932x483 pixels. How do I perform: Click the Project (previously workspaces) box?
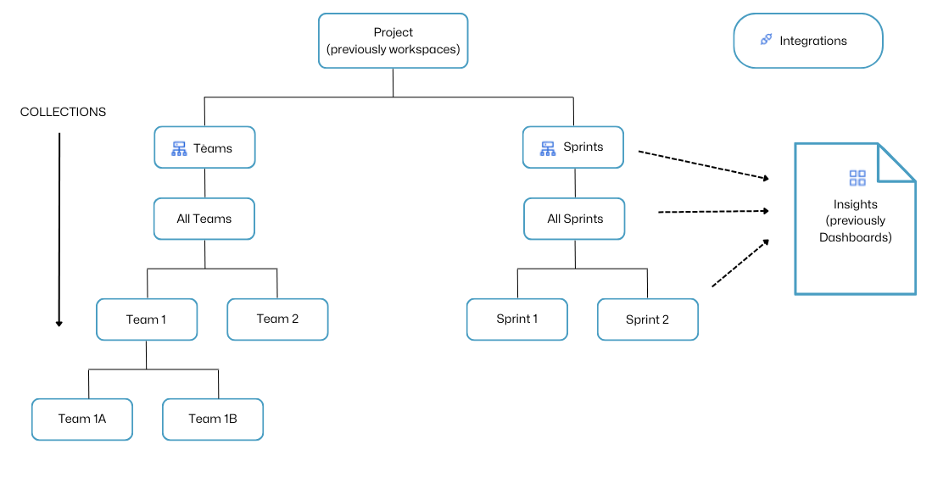pyautogui.click(x=393, y=41)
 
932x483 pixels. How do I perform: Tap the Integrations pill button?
pyautogui.click(x=807, y=41)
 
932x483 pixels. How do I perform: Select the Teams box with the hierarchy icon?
pyautogui.click(x=204, y=148)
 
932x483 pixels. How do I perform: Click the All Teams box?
pyautogui.click(x=204, y=219)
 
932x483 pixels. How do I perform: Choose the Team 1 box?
pyautogui.click(x=147, y=319)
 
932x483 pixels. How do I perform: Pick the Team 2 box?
pyautogui.click(x=277, y=319)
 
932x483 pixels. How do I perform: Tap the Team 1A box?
pyautogui.click(x=82, y=419)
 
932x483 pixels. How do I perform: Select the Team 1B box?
pyautogui.click(x=213, y=419)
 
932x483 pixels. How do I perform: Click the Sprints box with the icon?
pyautogui.click(x=573, y=147)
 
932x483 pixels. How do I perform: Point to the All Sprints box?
pyautogui.click(x=575, y=219)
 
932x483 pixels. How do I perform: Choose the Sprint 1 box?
pyautogui.click(x=517, y=319)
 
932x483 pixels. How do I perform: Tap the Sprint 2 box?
pyautogui.click(x=648, y=319)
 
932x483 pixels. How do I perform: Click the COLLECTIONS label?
pyautogui.click(x=64, y=112)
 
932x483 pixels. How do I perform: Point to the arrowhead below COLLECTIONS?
pyautogui.click(x=59, y=322)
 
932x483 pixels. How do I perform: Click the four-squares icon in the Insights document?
pyautogui.click(x=857, y=178)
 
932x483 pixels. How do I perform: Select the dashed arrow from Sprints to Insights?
pyautogui.click(x=702, y=165)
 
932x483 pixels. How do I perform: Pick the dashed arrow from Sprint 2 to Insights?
pyautogui.click(x=739, y=264)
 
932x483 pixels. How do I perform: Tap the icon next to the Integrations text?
pyautogui.click(x=766, y=40)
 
